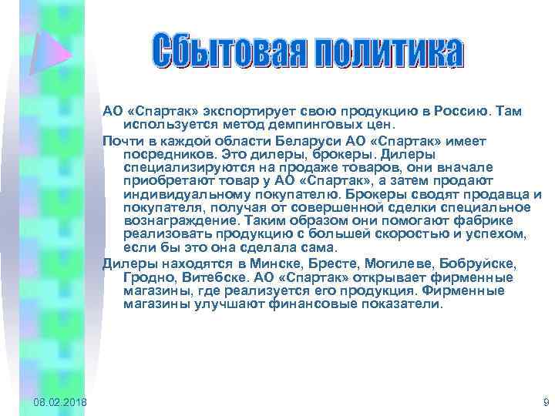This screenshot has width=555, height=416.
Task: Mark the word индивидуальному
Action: click(x=174, y=195)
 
